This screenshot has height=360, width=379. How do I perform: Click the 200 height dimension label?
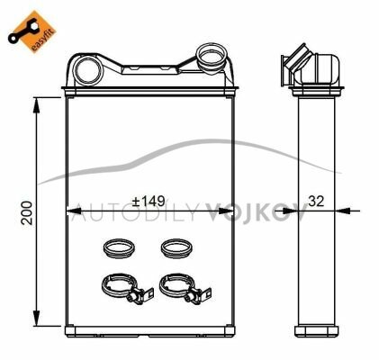[27, 213]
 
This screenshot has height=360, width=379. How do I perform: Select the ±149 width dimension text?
[149, 201]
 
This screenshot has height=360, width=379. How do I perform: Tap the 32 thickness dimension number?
[316, 201]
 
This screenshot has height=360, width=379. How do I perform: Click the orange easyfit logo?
[32, 31]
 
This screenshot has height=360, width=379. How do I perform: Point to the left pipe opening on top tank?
[88, 71]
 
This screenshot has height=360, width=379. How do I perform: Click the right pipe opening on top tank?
[211, 56]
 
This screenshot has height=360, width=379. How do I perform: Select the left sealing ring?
[119, 248]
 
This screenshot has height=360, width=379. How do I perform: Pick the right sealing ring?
[176, 248]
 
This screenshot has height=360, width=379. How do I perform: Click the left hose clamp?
[127, 289]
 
